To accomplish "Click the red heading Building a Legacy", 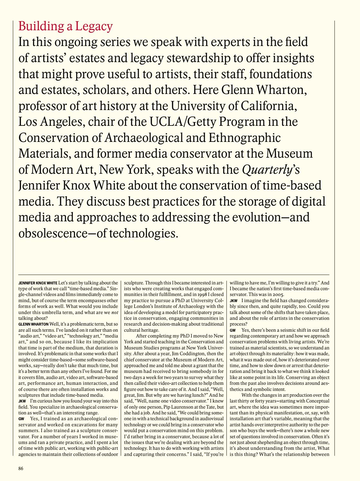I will (66, 26).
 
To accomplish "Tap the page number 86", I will (21, 468).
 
